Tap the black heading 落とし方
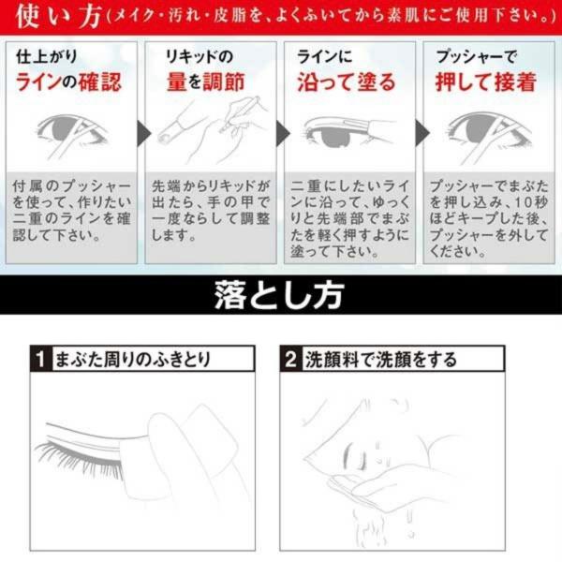pyautogui.click(x=279, y=295)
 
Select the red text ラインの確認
pyautogui.click(x=68, y=81)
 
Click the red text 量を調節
pyautogui.click(x=206, y=81)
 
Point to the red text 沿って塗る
pyautogui.click(x=347, y=81)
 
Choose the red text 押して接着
pyautogui.click(x=486, y=81)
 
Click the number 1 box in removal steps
pyautogui.click(x=41, y=359)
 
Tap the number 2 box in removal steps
pyautogui.click(x=291, y=359)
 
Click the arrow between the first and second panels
pyautogui.click(x=143, y=133)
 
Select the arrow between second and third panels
pyautogui.click(x=283, y=133)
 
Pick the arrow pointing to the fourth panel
pyautogui.click(x=422, y=133)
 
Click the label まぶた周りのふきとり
pyautogui.click(x=133, y=359)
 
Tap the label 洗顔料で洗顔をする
pyautogui.click(x=381, y=359)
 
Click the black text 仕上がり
pyautogui.click(x=47, y=56)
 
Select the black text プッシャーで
pyautogui.click(x=477, y=56)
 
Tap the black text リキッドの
pyautogui.click(x=200, y=56)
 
